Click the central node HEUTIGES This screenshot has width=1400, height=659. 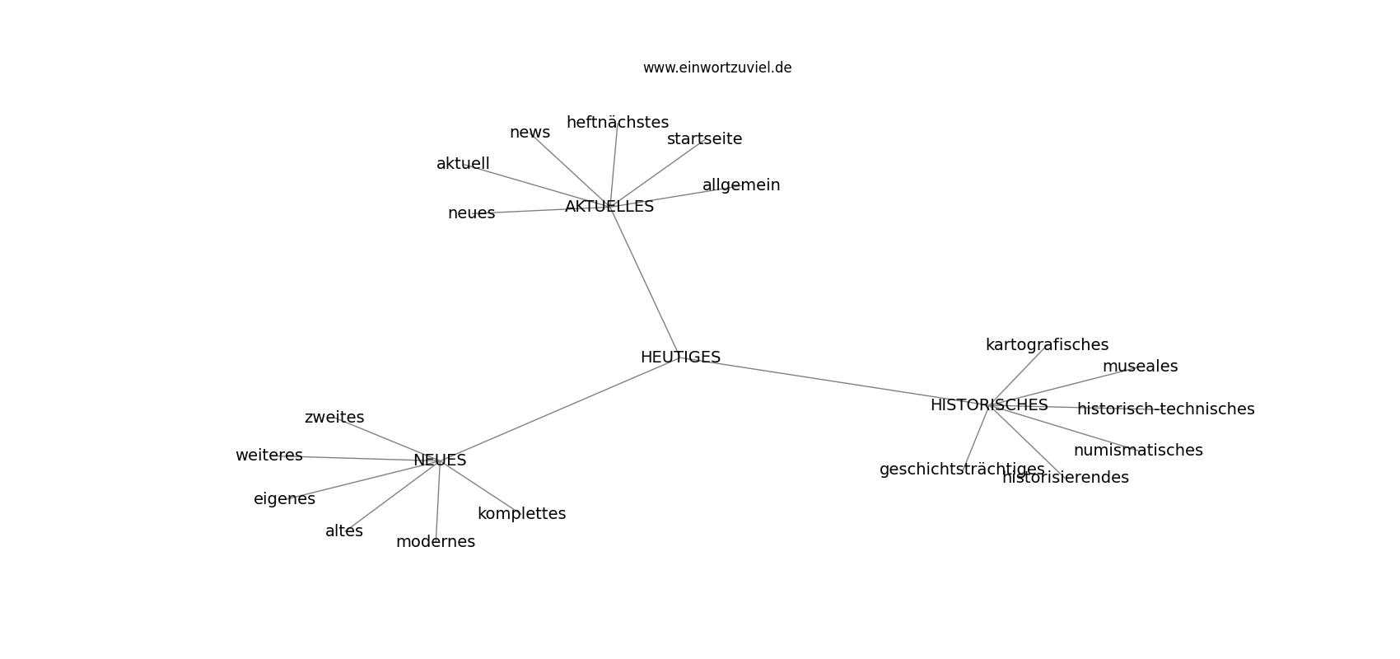680,357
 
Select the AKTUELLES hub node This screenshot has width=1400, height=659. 609,206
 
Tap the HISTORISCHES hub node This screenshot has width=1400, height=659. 989,405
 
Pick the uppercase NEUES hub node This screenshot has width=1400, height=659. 440,460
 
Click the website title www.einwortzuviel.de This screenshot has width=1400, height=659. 716,68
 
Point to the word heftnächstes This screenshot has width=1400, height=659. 618,123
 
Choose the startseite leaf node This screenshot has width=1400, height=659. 704,139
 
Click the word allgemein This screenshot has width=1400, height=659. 741,185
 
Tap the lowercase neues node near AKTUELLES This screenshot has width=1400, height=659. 471,213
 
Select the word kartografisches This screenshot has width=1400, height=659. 1047,344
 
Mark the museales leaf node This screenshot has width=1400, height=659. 1140,367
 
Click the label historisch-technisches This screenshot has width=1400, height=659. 1165,409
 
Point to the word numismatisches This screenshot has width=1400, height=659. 1138,450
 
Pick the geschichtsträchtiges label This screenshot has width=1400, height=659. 962,470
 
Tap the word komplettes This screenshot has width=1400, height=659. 522,514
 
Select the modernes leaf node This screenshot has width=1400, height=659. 436,541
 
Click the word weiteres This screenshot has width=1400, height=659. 268,456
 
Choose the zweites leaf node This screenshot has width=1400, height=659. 334,417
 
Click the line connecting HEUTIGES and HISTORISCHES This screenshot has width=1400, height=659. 834,381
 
